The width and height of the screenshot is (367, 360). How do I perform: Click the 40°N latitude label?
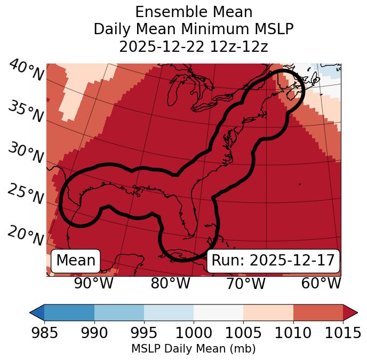tap(26, 71)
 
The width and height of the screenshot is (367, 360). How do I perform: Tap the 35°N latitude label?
tap(26, 112)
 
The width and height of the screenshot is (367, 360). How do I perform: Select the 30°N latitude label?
tap(26, 153)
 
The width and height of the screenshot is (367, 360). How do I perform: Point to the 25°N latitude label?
tap(26, 194)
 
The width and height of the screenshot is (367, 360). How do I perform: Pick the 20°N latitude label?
tap(26, 235)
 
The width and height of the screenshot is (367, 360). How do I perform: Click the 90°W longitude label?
tap(93, 283)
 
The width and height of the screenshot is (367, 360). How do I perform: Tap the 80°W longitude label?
tap(170, 283)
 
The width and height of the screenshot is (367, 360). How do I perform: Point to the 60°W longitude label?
tap(321, 283)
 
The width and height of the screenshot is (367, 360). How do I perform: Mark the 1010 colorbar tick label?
tap(293, 333)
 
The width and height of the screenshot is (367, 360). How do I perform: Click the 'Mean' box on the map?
tap(76, 261)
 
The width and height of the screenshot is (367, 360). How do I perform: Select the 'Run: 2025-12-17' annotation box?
tap(273, 261)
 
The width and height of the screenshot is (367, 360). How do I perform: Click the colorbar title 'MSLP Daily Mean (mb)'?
tap(193, 349)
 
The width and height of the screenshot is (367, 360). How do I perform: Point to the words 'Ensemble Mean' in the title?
tap(193, 12)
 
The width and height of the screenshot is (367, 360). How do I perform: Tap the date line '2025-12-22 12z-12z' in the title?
tap(193, 46)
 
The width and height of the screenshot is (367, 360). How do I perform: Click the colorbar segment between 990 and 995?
tap(119, 312)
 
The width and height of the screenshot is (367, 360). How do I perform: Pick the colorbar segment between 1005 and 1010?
tap(268, 312)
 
